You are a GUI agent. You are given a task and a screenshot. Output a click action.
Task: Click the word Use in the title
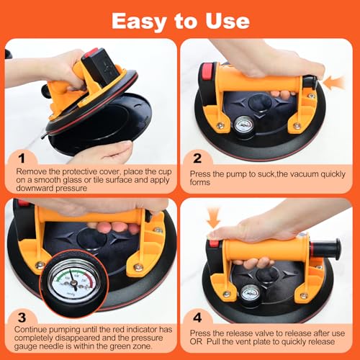pyautogui.click(x=228, y=21)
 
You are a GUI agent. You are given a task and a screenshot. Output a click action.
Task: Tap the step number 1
pyautogui.click(x=22, y=158)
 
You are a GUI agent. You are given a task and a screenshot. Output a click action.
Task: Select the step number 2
pyautogui.click(x=197, y=158)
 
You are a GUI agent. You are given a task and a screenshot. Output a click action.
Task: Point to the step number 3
pyautogui.click(x=22, y=318)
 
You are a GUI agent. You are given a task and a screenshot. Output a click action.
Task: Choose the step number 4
pyautogui.click(x=197, y=318)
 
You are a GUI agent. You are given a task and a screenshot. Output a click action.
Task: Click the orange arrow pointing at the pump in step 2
pyautogui.click(x=334, y=83)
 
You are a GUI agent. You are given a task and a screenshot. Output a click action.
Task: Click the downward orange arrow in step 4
pyautogui.click(x=213, y=217)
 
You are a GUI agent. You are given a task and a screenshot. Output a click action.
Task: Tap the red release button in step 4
pyautogui.click(x=214, y=243)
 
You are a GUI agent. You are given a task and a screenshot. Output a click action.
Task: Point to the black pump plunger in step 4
pyautogui.click(x=325, y=247)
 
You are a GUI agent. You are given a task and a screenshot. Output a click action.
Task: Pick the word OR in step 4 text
pyautogui.click(x=196, y=341)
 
